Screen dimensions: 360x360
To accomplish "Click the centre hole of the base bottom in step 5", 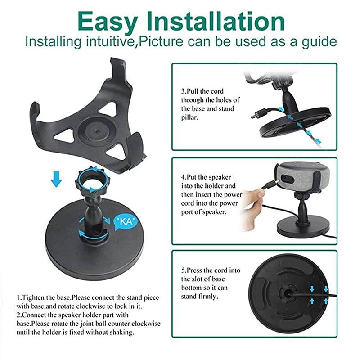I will (288, 292).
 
